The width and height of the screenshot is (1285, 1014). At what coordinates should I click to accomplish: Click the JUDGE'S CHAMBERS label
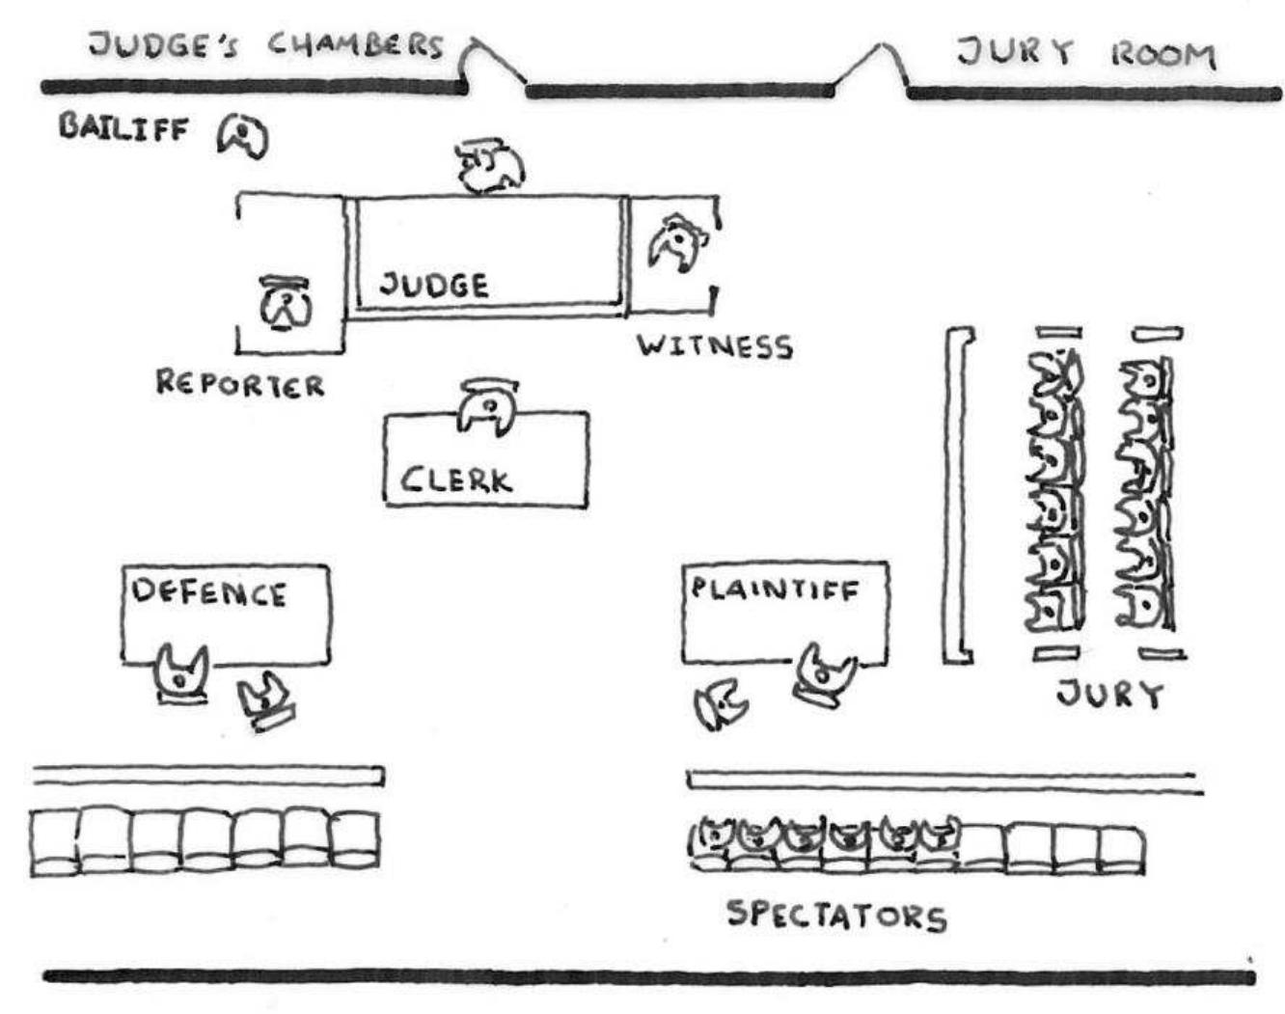click(265, 45)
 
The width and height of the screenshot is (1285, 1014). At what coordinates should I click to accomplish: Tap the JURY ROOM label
click(1085, 53)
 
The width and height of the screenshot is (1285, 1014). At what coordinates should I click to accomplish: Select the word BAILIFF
click(123, 127)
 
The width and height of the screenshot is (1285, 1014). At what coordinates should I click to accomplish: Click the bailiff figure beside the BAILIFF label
click(242, 136)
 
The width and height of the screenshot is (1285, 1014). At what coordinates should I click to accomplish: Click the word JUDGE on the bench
click(433, 285)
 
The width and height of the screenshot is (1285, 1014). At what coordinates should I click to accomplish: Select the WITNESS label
click(715, 345)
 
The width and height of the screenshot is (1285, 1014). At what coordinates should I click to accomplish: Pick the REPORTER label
click(240, 384)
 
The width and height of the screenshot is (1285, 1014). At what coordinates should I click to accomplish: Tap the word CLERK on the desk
click(455, 480)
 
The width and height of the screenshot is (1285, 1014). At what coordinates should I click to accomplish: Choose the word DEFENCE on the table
click(209, 592)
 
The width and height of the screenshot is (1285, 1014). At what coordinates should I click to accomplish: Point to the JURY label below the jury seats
click(1109, 693)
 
